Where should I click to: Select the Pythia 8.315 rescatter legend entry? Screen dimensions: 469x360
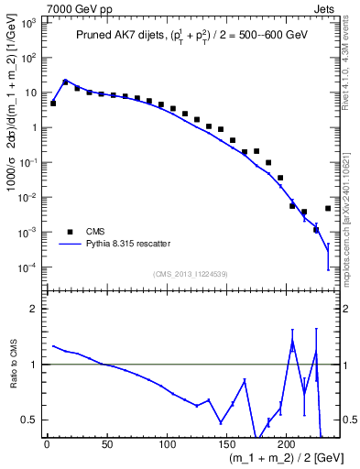(x=128, y=244)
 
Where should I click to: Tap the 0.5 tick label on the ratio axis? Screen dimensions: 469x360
(x=30, y=420)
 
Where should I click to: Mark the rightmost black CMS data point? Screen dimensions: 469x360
(x=328, y=209)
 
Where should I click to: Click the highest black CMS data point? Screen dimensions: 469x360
(x=65, y=82)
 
